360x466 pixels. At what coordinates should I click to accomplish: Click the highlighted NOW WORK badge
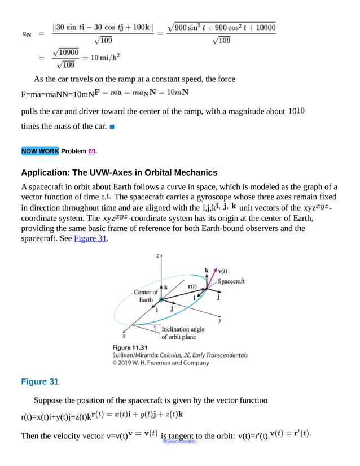[40, 151]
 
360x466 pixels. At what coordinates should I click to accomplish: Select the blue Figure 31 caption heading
[39, 382]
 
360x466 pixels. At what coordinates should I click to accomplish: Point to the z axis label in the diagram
[157, 256]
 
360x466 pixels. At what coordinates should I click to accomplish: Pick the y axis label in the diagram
[220, 320]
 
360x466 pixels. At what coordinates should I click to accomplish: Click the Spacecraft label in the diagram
[231, 281]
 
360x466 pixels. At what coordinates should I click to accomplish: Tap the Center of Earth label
[146, 295]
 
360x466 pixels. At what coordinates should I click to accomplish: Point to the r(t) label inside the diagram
[192, 286]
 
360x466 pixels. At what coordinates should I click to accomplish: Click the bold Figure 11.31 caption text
[131, 347]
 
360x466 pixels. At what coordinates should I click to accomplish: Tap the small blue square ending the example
[112, 127]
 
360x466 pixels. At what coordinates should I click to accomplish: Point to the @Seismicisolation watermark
[180, 441]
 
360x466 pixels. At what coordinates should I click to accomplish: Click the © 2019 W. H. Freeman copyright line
[161, 363]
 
